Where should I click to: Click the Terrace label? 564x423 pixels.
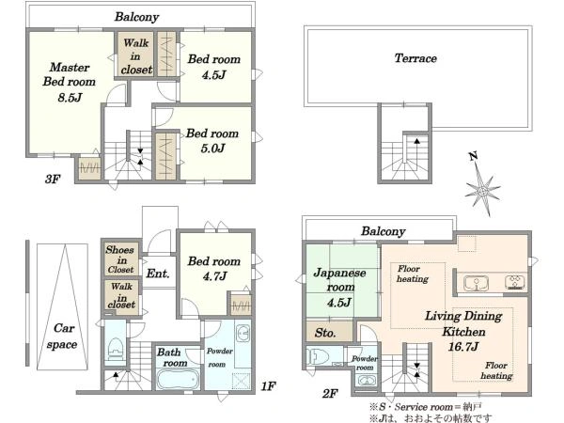(x=415, y=58)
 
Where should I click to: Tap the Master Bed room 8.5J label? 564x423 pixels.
(x=70, y=82)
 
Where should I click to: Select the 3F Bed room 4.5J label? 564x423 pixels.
(x=214, y=67)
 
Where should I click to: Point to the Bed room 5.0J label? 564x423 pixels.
(x=212, y=141)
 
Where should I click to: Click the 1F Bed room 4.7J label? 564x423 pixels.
(x=214, y=268)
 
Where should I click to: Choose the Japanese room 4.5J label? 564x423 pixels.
(x=339, y=288)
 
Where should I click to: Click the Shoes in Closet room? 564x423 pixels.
(x=121, y=259)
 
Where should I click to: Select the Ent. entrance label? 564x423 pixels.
(x=158, y=274)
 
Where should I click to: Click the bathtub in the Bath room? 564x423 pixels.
(x=178, y=379)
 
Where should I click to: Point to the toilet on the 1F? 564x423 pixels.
(x=116, y=349)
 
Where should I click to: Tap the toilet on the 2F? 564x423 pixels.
(x=318, y=357)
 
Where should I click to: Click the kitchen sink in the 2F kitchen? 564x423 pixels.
(x=476, y=283)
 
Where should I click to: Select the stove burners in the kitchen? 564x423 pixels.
(x=516, y=283)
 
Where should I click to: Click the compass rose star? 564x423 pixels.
(x=482, y=189)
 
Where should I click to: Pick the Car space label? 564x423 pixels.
(x=62, y=336)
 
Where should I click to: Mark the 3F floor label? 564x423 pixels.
(x=53, y=179)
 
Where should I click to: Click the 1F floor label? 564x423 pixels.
(x=268, y=386)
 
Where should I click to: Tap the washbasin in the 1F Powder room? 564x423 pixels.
(x=243, y=334)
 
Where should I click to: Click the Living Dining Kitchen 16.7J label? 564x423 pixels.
(x=463, y=331)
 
